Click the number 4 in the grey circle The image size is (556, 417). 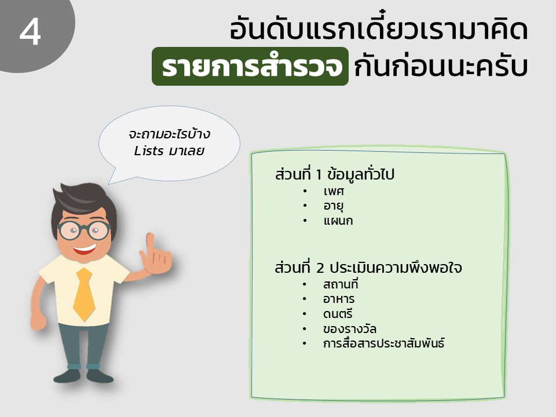tap(30, 32)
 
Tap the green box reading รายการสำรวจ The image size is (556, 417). tap(250, 66)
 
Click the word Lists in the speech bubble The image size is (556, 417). tap(149, 151)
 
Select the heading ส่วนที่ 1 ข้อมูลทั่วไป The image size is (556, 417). tap(334, 174)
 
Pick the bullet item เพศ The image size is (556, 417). tap(334, 192)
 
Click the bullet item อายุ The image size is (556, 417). tap(334, 206)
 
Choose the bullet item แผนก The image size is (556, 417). tap(338, 221)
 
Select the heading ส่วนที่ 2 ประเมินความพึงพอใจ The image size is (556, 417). tap(368, 268)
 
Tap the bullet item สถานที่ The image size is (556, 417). tap(341, 284)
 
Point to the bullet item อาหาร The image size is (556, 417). tap(339, 299)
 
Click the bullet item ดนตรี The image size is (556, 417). tap(338, 313)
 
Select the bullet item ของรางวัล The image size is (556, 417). tap(350, 329)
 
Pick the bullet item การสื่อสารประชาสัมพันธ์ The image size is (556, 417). tap(383, 343)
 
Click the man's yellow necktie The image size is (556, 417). tap(84, 294)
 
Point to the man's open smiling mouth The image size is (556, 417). tap(85, 248)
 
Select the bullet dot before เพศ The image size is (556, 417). tap(305, 192)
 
